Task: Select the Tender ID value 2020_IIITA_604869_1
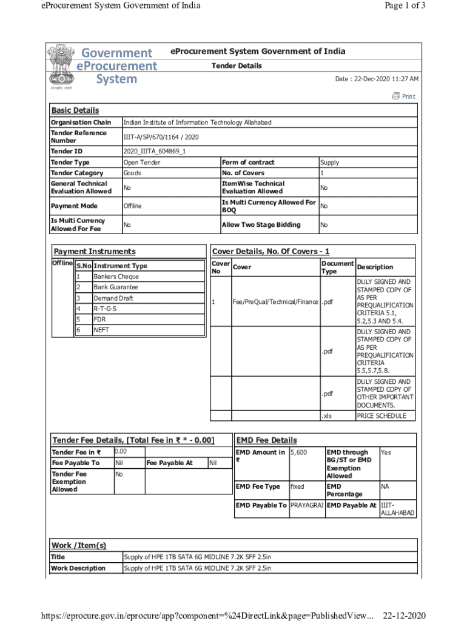[x=155, y=151]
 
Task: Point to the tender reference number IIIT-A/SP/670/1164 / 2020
[x=161, y=137]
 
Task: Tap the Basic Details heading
[x=75, y=110]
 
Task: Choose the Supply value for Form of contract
[x=329, y=163]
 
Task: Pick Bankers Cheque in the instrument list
[x=116, y=277]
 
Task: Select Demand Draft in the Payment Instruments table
[x=113, y=298]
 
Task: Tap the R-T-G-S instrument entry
[x=105, y=309]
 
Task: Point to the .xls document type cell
[x=326, y=416]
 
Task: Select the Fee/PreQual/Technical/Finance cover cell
[x=275, y=302]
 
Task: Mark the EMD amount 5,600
[x=298, y=452]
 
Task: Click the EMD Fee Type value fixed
[x=297, y=486]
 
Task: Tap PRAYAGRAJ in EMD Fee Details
[x=307, y=505]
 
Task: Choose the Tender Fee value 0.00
[x=121, y=452]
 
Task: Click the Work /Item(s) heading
[x=79, y=545]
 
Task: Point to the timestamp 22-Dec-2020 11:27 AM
[x=377, y=79]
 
